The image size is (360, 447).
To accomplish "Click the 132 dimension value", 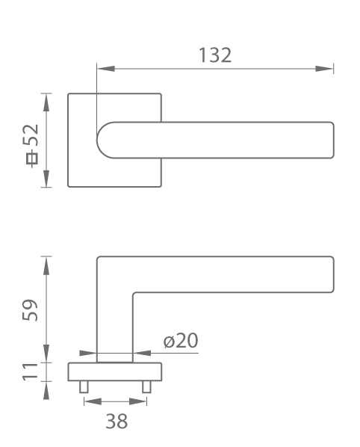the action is point(215,55).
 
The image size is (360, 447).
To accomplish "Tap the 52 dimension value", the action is point(31,135).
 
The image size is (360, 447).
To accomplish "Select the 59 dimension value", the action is point(30,310).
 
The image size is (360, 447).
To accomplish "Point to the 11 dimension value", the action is point(30,372).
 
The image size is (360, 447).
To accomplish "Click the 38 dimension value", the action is point(117,421).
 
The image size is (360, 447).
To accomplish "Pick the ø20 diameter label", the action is point(181,340).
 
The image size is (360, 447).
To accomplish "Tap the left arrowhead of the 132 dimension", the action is point(105,69).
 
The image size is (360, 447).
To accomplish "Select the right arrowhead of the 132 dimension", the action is point(324,69).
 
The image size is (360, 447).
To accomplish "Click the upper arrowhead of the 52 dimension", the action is point(46,102).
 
